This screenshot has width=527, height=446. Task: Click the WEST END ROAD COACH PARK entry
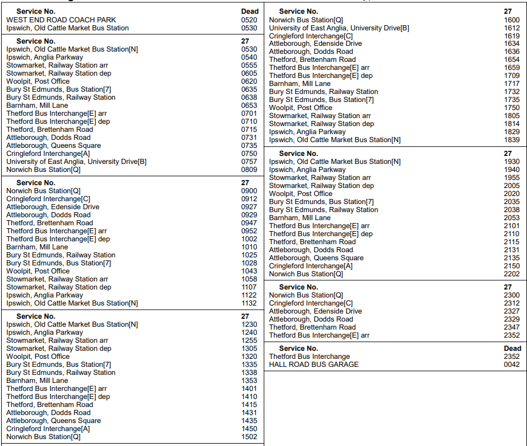61,20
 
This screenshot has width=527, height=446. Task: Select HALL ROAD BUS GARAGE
314,365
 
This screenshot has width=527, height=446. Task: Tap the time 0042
512,365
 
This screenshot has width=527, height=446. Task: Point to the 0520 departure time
249,20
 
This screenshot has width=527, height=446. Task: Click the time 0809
249,170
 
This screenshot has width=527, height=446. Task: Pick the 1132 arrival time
249,303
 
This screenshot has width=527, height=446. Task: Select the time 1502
249,437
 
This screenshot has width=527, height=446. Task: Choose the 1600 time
512,20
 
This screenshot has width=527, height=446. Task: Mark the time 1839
512,140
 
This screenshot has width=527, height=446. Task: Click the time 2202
512,274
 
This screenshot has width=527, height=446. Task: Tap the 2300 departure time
512,295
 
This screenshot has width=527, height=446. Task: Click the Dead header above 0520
250,11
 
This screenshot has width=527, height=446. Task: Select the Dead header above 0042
512,349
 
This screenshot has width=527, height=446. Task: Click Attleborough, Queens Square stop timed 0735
53,146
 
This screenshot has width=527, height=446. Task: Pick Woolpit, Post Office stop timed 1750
301,108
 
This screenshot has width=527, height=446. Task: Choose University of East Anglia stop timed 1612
339,28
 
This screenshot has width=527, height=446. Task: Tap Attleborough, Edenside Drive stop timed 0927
53,207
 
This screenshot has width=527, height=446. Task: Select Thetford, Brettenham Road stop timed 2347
312,327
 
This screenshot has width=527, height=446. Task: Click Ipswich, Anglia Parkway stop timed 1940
308,170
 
